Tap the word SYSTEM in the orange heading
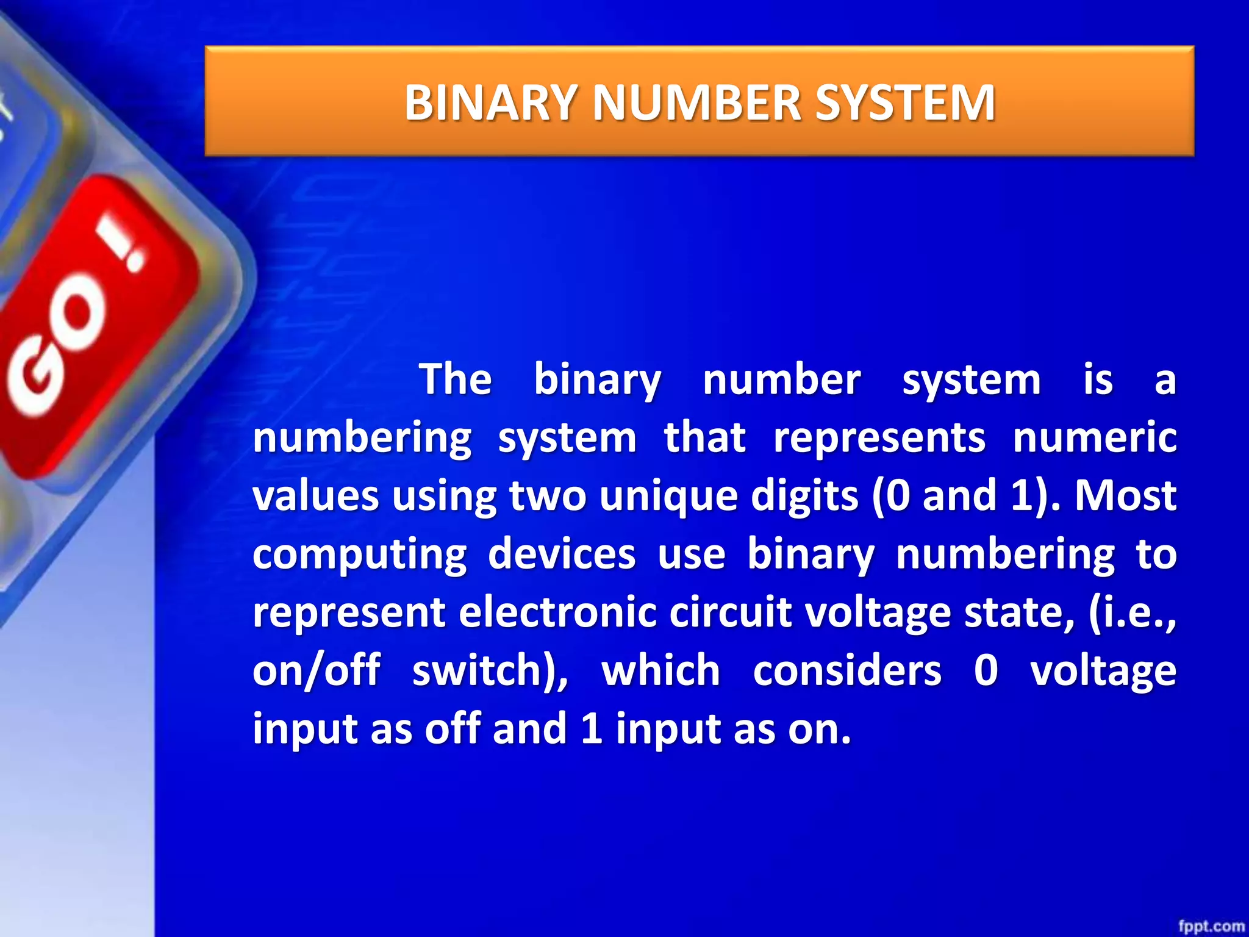pyautogui.click(x=905, y=102)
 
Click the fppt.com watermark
pyautogui.click(x=1211, y=926)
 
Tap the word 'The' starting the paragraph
pyautogui.click(x=456, y=379)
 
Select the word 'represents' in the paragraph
pyautogui.click(x=879, y=438)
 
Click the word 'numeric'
pyautogui.click(x=1095, y=438)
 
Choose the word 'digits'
pyautogui.click(x=804, y=495)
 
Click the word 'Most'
pyautogui.click(x=1125, y=495)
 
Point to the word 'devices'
pyautogui.click(x=562, y=554)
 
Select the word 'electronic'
pyautogui.click(x=557, y=612)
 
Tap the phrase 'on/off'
pyautogui.click(x=317, y=670)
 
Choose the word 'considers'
pyautogui.click(x=847, y=670)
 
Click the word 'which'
pyautogui.click(x=661, y=670)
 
